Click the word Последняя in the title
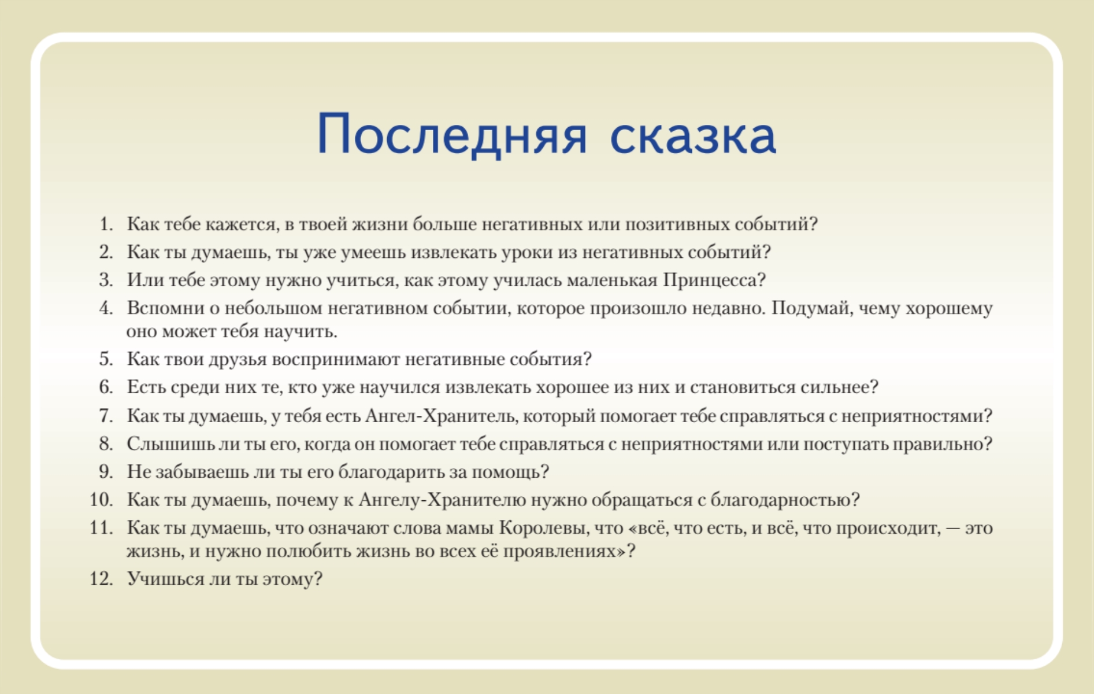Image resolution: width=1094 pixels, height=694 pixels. (x=452, y=135)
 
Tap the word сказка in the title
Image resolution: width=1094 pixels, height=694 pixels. (x=693, y=135)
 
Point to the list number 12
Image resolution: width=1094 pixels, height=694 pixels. (x=101, y=578)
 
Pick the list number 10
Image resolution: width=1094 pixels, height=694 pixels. (x=101, y=499)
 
